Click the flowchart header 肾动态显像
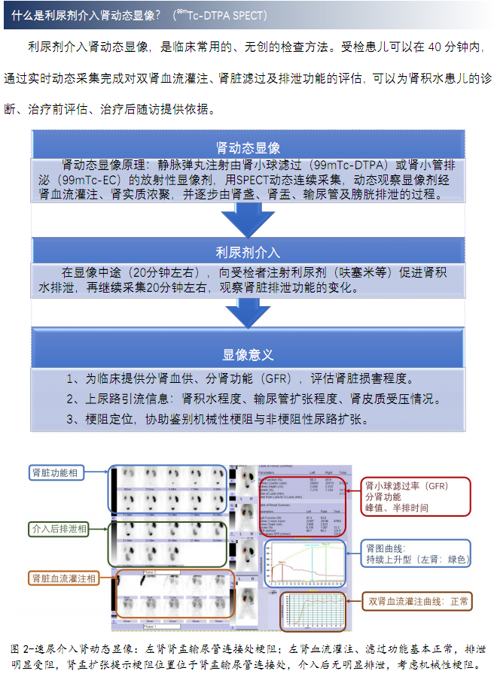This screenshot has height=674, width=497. click(x=248, y=147)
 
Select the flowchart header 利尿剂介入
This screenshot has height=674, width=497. click(x=248, y=252)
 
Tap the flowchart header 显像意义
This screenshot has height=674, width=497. click(x=248, y=354)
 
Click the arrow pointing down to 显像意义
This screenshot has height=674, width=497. click(x=248, y=313)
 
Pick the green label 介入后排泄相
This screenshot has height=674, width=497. click(x=56, y=529)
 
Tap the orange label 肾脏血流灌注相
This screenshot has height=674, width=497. click(x=63, y=578)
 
